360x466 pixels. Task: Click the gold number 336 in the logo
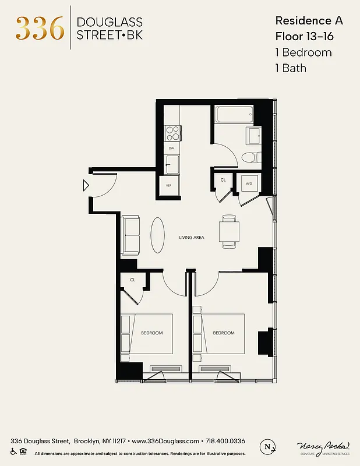(x=40, y=28)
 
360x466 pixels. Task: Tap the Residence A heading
(x=309, y=20)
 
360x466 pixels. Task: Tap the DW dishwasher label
(x=171, y=149)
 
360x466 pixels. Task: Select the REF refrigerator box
(x=169, y=185)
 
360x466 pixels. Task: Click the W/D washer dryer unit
(x=249, y=184)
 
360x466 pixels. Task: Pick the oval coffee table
(x=158, y=235)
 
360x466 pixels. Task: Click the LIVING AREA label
(x=192, y=238)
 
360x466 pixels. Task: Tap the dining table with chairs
(x=228, y=232)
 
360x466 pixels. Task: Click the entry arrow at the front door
(x=86, y=186)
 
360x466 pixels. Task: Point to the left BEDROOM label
(x=152, y=333)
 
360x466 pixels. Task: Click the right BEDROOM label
(x=224, y=333)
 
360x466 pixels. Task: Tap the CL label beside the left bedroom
(x=133, y=280)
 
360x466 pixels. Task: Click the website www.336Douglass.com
(x=165, y=441)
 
